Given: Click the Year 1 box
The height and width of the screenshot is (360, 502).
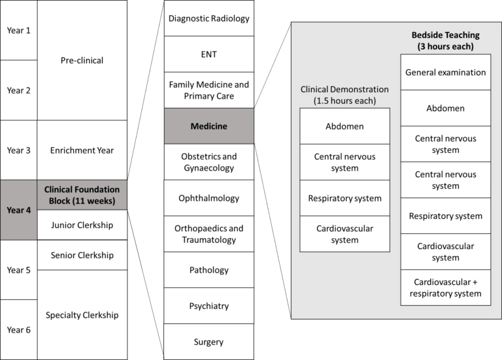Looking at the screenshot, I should pyautogui.click(x=18, y=30).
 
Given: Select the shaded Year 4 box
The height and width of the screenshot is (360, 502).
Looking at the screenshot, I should pyautogui.click(x=18, y=210).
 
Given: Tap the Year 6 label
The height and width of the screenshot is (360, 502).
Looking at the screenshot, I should pyautogui.click(x=18, y=329).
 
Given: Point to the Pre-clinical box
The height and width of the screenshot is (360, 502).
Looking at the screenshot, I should pyautogui.click(x=82, y=60).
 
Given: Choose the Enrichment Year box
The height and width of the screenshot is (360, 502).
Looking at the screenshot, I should pyautogui.click(x=82, y=150).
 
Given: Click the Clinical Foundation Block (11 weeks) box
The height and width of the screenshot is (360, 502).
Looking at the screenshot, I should pyautogui.click(x=82, y=195).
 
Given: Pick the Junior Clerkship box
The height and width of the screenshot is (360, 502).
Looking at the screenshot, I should pyautogui.click(x=82, y=225).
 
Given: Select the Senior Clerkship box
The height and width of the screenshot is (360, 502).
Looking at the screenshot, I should pyautogui.click(x=82, y=255).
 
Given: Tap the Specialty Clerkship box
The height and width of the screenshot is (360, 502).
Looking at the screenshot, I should pyautogui.click(x=82, y=314).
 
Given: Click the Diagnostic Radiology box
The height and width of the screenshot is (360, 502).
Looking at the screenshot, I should pyautogui.click(x=209, y=18).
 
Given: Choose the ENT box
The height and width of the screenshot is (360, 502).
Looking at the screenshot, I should pyautogui.click(x=209, y=54).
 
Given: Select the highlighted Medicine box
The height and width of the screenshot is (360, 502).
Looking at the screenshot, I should pyautogui.click(x=209, y=126).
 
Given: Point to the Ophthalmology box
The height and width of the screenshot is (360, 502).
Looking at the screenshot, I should pyautogui.click(x=209, y=198).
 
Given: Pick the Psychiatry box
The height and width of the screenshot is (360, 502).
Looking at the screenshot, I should pyautogui.click(x=209, y=306).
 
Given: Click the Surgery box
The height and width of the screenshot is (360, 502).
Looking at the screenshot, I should pyautogui.click(x=209, y=342).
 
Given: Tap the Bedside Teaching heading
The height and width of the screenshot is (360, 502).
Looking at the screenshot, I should pyautogui.click(x=445, y=41).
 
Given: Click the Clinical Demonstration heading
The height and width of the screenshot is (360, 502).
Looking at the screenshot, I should pyautogui.click(x=344, y=95).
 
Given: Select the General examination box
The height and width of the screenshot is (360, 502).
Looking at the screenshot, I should pyautogui.click(x=445, y=73).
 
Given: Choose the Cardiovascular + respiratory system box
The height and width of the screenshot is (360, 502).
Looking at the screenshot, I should pyautogui.click(x=445, y=287).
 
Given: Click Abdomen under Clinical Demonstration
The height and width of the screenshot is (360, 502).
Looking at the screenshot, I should pyautogui.click(x=344, y=126).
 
